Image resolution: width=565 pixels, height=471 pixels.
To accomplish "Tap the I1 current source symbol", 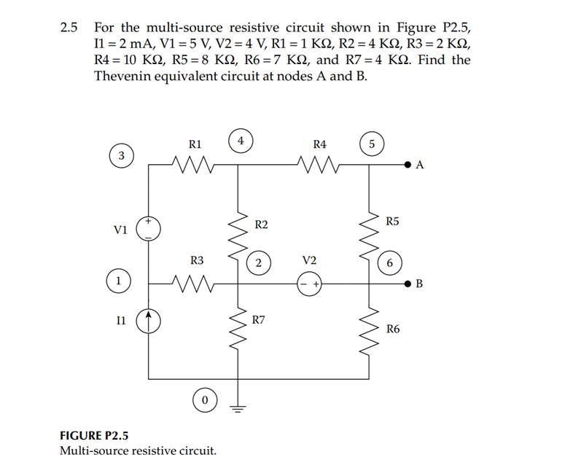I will tap(149, 319).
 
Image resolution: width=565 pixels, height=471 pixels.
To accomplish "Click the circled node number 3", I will tap(122, 155).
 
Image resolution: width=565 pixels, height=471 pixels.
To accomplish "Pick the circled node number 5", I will tap(372, 144).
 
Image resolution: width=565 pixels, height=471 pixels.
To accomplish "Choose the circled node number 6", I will tap(391, 262).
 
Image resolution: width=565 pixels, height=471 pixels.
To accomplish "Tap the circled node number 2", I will tap(259, 263).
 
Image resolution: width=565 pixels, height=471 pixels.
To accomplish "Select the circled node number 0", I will tap(205, 401).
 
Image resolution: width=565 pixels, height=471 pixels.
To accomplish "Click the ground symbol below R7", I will tap(238, 408).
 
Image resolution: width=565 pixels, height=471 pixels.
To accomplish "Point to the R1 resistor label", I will tap(195, 144).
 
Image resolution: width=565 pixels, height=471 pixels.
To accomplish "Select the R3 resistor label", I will tap(197, 260).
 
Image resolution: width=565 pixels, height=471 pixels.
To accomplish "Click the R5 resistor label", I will tap(392, 220).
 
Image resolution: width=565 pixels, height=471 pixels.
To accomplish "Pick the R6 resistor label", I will tap(393, 330).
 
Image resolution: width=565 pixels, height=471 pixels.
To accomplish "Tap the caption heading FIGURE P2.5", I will tap(93, 436).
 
